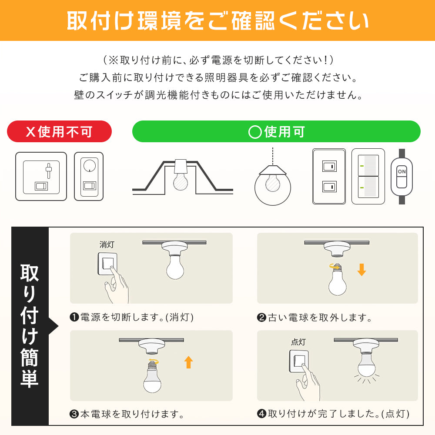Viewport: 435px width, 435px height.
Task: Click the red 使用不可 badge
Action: [59, 131]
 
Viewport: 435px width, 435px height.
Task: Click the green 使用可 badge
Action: [276, 131]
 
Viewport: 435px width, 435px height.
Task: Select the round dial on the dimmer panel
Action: [90, 166]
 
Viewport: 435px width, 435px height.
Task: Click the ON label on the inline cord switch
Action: [402, 171]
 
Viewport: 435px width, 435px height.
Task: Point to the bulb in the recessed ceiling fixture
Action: [181, 181]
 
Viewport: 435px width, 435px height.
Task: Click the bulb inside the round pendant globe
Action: [272, 182]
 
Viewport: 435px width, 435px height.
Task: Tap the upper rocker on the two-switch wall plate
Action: [330, 166]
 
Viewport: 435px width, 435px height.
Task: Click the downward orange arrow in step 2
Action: [361, 270]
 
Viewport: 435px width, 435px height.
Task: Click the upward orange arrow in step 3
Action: [189, 362]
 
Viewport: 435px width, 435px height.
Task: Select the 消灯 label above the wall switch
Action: [107, 244]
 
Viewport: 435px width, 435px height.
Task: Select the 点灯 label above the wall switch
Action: [298, 342]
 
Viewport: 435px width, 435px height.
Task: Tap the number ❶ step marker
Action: [74, 317]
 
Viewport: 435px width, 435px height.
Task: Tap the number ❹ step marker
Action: [261, 414]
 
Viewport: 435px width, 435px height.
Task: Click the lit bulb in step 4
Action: [367, 365]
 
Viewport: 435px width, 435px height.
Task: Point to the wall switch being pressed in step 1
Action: [107, 264]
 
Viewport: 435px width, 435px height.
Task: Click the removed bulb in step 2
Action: [338, 280]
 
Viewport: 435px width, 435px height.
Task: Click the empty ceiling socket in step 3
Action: [151, 346]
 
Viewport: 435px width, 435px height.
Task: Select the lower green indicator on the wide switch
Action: [362, 187]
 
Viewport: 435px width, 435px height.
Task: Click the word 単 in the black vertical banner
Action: [30, 378]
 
